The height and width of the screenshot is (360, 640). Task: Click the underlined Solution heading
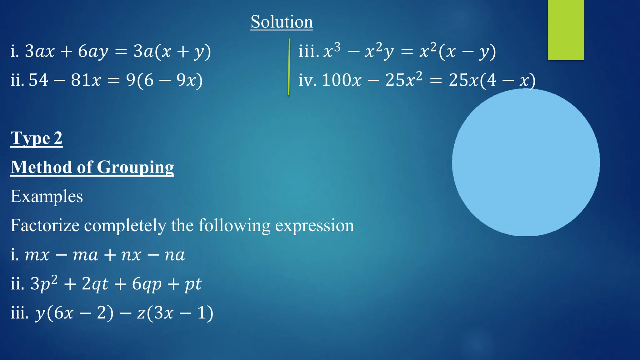point(282,22)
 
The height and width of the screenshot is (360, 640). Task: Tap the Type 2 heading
point(37,138)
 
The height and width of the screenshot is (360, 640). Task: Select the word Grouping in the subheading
point(135,167)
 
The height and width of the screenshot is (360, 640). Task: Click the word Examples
point(47,197)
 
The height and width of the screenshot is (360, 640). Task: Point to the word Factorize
point(45,225)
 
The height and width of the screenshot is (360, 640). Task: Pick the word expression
point(314,226)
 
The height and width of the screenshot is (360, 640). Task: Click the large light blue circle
point(526,162)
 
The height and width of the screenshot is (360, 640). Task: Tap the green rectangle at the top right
point(566,30)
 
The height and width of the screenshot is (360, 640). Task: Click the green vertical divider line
point(289,67)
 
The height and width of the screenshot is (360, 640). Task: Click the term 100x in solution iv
point(341,80)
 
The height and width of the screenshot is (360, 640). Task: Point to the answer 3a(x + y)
point(172,51)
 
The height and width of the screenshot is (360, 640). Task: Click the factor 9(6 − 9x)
point(164,80)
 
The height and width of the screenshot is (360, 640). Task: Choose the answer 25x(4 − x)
point(492,80)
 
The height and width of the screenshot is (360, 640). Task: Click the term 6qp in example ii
point(147,284)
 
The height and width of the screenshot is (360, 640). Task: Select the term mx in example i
point(37,255)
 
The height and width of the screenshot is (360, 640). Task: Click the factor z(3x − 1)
point(175,313)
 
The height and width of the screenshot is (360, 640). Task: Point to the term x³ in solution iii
point(332,51)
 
